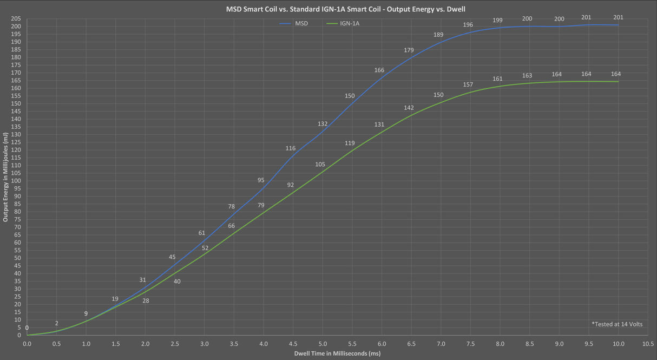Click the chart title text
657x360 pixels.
coord(345,9)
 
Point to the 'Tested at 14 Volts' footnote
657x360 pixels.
coord(617,324)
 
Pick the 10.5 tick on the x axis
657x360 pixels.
coord(648,344)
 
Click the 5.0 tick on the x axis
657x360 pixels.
coord(323,344)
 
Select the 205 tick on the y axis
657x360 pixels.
coord(16,19)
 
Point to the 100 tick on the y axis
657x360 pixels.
coord(16,181)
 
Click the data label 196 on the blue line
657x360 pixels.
coord(468,25)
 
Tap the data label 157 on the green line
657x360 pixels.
coord(468,85)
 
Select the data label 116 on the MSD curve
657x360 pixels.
coord(291,148)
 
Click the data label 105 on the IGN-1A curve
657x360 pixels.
coord(320,165)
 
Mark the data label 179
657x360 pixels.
coord(409,50)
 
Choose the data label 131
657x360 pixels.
coord(379,125)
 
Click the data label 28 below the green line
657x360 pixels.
coord(146,300)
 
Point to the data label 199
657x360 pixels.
coord(497,21)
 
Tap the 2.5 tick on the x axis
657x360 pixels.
coord(175,344)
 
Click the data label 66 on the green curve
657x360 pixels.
coord(231,226)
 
